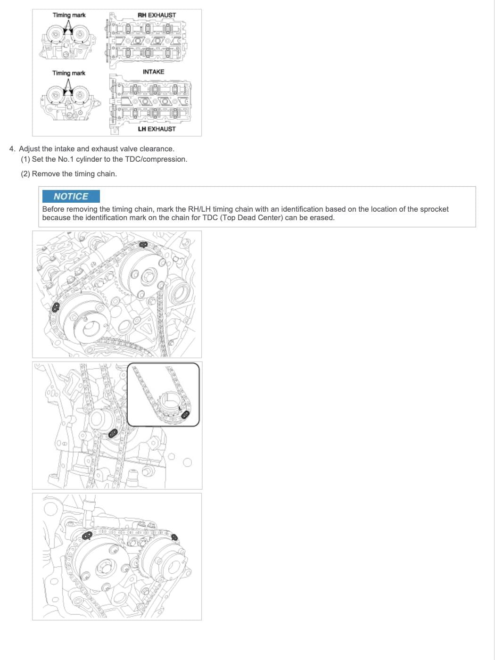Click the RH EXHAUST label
[x=157, y=15]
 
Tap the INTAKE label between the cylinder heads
[x=153, y=72]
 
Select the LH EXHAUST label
[x=157, y=129]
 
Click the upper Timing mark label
[x=69, y=15]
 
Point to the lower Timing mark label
[x=69, y=73]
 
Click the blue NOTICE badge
[x=71, y=196]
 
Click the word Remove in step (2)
[x=45, y=174]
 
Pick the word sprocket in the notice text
[x=434, y=209]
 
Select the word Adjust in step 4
[x=29, y=149]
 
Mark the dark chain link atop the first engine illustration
[x=143, y=245]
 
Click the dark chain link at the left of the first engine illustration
[x=56, y=307]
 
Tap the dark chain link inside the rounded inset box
[x=185, y=415]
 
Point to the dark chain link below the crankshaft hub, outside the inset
[x=113, y=433]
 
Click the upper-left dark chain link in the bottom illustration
[x=88, y=536]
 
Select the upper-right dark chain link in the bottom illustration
[x=174, y=537]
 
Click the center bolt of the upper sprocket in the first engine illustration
[x=148, y=275]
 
